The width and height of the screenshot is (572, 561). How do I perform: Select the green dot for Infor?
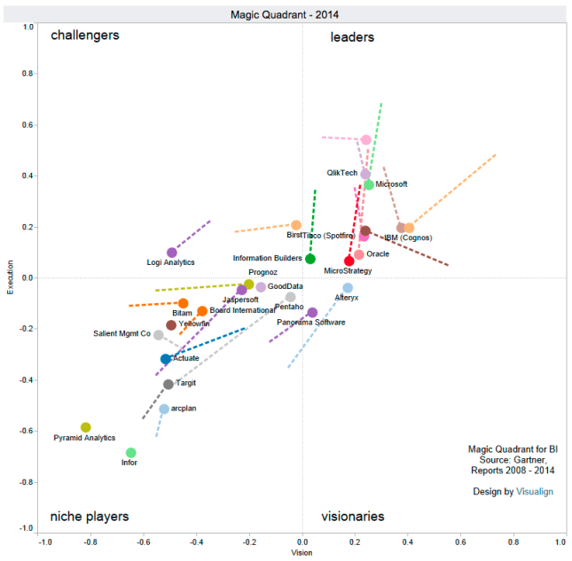pyautogui.click(x=131, y=453)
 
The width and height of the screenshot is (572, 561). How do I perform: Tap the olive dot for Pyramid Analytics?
pyautogui.click(x=86, y=427)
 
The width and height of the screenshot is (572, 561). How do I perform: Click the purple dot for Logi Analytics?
pyautogui.click(x=172, y=253)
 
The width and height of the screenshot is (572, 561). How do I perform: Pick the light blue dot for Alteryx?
pyautogui.click(x=348, y=288)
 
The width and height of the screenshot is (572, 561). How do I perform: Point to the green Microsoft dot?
pyautogui.click(x=369, y=185)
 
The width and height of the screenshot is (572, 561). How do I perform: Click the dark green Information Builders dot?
pyautogui.click(x=310, y=259)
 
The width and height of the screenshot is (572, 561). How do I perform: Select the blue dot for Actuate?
pyautogui.click(x=166, y=359)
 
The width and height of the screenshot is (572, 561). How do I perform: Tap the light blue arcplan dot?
pyautogui.click(x=164, y=409)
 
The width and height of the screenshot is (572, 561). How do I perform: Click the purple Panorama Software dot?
pyautogui.click(x=312, y=312)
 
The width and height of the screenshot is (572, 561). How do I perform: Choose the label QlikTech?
pyautogui.click(x=342, y=173)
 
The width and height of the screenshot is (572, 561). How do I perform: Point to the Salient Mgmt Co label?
pyautogui.click(x=122, y=334)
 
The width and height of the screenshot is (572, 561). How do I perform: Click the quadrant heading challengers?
pyautogui.click(x=85, y=36)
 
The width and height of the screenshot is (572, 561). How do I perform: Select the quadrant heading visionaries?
pyautogui.click(x=352, y=516)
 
